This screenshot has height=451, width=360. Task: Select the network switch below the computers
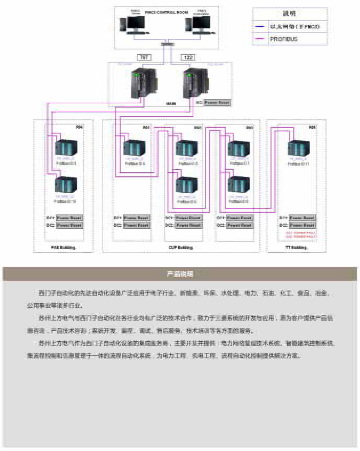167,44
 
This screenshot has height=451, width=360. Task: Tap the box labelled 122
188,58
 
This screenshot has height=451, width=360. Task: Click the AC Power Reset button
217,103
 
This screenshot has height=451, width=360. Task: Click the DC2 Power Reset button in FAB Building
69,225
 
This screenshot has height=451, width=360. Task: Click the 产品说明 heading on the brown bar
180,274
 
